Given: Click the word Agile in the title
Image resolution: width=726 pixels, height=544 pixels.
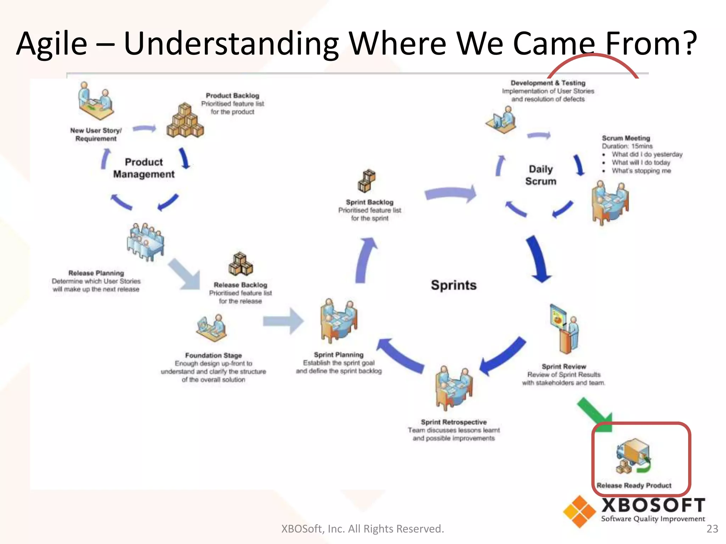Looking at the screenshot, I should [x=52, y=44].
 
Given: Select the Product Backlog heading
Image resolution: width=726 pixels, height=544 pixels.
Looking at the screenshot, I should [x=233, y=96].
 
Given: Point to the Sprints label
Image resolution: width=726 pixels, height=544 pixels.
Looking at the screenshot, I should [x=453, y=285].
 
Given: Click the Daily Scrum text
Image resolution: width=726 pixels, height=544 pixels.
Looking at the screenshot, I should [x=541, y=175].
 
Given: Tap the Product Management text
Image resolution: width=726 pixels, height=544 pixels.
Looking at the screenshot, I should [x=144, y=168].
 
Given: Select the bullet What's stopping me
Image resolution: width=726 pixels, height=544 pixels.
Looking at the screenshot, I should [x=641, y=171].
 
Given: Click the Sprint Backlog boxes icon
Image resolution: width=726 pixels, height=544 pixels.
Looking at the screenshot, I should [x=367, y=181].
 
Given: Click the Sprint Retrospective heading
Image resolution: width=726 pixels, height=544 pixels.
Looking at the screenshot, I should [x=453, y=422].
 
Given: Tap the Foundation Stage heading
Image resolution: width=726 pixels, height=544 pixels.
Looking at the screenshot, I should [x=213, y=355].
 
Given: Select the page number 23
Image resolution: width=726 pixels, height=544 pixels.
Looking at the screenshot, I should [x=712, y=529].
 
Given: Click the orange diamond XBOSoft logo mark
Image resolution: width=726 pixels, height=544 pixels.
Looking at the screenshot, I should [x=579, y=511].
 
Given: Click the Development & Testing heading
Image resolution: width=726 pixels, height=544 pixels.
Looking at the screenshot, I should [x=548, y=83].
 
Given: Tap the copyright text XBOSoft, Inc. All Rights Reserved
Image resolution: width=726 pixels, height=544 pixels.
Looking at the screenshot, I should [x=362, y=529].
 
